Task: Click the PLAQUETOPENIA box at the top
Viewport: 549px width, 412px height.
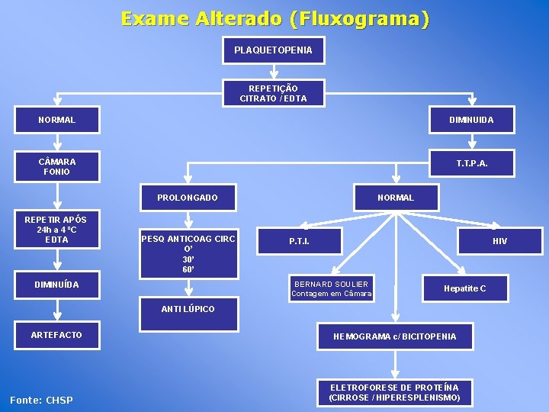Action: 273,50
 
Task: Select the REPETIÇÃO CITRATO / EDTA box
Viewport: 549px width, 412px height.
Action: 273,93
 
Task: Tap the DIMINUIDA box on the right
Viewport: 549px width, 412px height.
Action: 471,120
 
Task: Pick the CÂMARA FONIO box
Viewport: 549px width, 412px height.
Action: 57,166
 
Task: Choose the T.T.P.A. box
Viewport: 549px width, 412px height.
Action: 472,163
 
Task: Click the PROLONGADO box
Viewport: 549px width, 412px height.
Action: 188,198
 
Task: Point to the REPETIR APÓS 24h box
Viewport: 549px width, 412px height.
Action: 56,230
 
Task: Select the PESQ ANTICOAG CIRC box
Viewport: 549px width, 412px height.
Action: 188,253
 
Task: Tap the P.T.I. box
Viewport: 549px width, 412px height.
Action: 299,241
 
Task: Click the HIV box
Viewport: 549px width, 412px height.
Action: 499,241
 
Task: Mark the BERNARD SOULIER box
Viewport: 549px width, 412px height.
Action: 331,288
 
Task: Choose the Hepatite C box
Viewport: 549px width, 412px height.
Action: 464,288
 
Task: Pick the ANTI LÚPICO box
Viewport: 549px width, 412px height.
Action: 188,309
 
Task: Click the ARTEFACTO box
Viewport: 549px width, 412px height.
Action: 56,335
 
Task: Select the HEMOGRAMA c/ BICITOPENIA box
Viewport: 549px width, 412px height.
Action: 395,336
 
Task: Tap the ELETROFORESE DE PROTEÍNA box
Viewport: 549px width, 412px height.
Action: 394,392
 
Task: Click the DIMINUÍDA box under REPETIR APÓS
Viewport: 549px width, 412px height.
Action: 56,285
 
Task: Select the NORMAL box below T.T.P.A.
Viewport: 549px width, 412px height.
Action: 395,198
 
